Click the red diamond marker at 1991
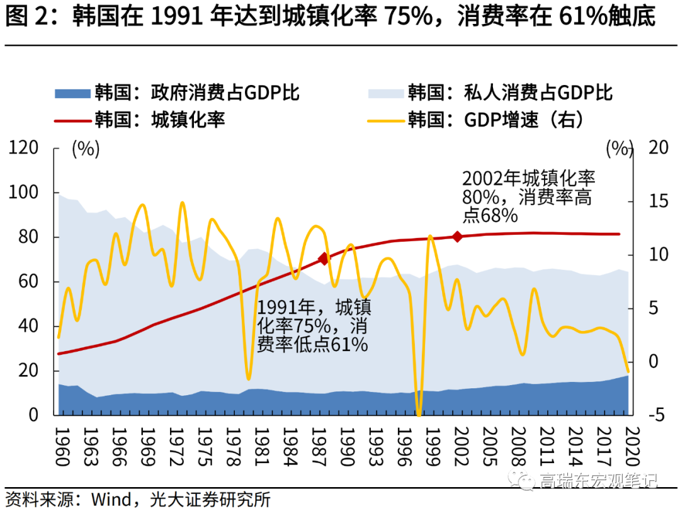click(x=324, y=259)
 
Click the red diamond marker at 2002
click(x=458, y=237)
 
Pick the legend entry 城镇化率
click(x=160, y=119)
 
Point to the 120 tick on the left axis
click(x=29, y=149)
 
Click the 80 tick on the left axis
click(x=33, y=238)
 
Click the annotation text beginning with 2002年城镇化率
click(x=528, y=196)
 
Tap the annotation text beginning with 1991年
click(x=314, y=326)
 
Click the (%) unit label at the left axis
click(x=86, y=149)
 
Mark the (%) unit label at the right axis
click(x=618, y=149)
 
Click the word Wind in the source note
click(x=111, y=500)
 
